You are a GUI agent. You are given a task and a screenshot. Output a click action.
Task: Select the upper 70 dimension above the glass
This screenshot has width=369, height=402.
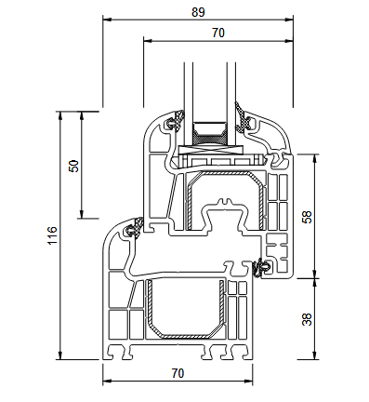click(217, 33)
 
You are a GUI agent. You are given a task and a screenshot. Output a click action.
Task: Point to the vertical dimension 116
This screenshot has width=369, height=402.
click(52, 235)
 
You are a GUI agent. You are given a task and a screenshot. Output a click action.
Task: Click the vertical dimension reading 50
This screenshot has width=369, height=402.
click(74, 165)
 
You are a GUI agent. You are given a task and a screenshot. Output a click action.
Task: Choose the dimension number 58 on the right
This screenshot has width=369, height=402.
click(307, 216)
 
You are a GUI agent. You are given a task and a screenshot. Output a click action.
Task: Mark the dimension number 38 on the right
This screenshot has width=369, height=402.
click(307, 317)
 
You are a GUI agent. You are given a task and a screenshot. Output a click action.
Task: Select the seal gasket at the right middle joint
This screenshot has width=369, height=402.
click(260, 268)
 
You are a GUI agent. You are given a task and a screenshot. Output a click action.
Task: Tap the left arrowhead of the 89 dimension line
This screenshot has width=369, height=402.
click(104, 20)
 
